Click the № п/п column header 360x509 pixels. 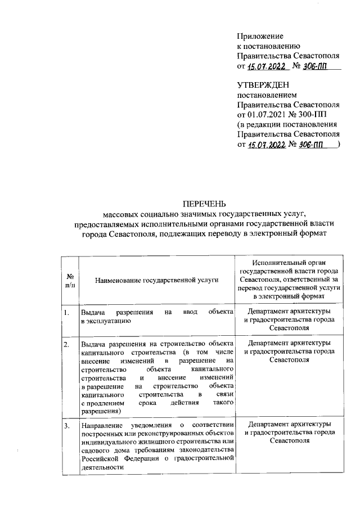coord(70,280)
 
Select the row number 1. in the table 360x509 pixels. coord(67,311)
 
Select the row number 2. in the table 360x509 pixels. coord(67,343)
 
